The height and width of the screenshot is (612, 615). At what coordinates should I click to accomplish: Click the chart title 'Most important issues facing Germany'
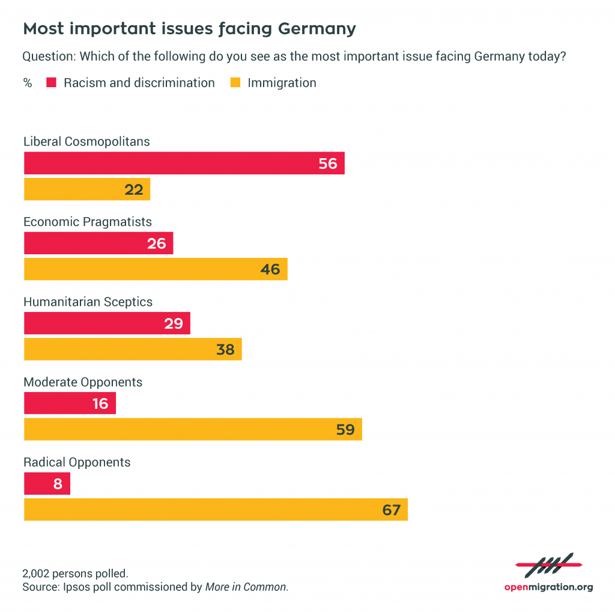189,29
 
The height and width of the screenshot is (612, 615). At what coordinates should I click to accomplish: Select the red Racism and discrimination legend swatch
51,83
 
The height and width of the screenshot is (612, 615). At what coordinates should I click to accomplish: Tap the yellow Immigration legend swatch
235,83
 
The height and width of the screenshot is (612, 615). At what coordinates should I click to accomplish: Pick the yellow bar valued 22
86,189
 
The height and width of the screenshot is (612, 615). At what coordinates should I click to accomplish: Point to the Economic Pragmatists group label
87,222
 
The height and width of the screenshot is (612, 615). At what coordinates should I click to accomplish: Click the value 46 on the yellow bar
270,269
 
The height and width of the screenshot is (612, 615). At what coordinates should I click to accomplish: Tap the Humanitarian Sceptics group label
88,302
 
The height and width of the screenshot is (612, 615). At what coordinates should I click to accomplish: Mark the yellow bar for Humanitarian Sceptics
132,349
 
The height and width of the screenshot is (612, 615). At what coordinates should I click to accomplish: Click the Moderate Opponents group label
83,382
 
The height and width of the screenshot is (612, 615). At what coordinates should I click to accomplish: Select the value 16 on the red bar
100,403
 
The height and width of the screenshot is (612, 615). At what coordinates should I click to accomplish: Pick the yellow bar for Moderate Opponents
193,429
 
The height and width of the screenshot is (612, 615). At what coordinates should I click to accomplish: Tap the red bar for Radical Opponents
47,483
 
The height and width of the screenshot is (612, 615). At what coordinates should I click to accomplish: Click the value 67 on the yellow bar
391,510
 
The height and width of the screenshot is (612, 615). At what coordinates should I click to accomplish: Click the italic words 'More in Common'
246,587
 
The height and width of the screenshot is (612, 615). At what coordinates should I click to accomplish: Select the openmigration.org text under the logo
548,587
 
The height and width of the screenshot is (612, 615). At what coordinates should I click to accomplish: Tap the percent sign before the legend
28,83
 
